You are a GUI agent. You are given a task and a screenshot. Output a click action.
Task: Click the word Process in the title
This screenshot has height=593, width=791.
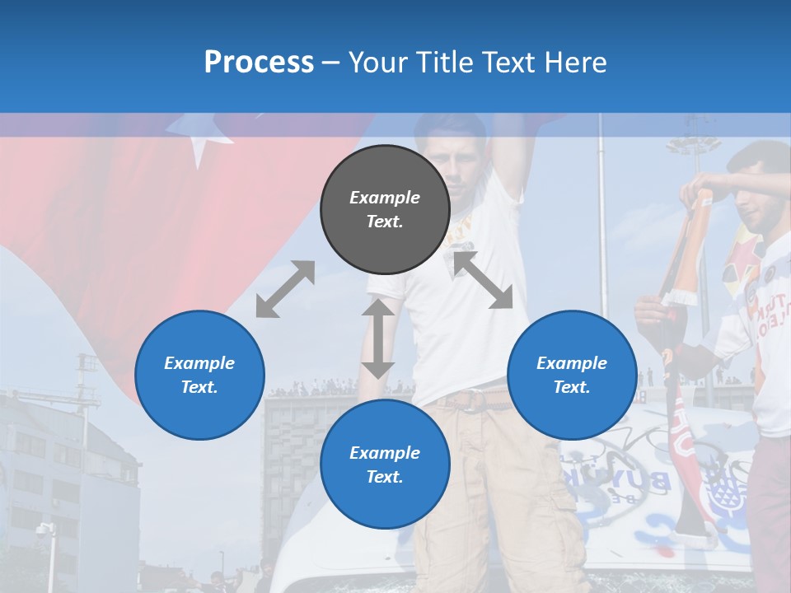259,63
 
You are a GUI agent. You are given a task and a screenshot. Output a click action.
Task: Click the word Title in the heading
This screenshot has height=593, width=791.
441,63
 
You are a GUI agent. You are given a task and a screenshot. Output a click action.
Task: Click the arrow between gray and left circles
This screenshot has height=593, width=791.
285,289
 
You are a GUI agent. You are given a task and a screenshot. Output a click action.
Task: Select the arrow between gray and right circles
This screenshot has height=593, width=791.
483,280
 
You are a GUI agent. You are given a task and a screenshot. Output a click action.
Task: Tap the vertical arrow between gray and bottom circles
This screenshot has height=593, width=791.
378,339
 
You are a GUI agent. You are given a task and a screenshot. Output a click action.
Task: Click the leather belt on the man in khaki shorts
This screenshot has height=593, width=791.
474,400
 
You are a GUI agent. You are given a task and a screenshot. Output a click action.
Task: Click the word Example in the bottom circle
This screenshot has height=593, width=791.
385,452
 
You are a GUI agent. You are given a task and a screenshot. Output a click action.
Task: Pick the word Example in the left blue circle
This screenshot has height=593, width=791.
199,362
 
